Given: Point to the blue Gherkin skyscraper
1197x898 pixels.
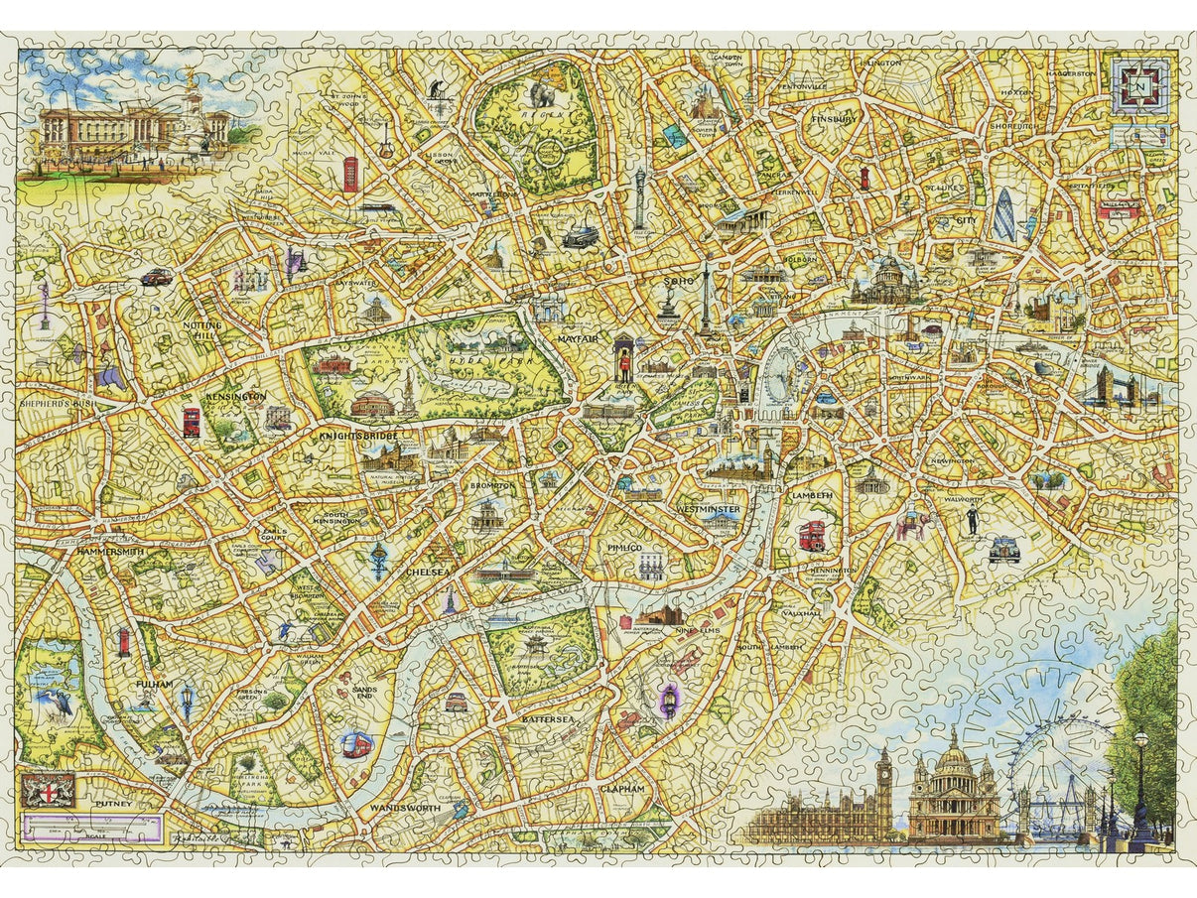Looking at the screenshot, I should (1004, 215).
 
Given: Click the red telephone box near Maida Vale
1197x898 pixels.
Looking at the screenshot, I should (350, 176).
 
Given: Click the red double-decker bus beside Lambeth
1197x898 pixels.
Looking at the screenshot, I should (812, 535).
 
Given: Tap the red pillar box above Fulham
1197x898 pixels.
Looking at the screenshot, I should (123, 642).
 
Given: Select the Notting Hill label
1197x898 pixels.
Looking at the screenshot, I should (201, 330).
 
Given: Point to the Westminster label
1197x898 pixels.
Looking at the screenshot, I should (708, 509).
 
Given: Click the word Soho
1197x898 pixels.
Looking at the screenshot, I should (676, 282).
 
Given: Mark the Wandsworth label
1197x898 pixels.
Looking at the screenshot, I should (404, 808).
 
